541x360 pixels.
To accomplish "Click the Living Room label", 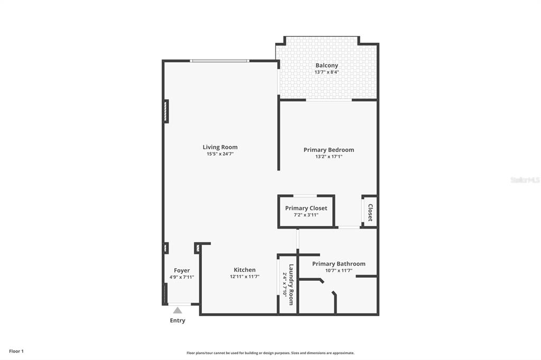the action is [220, 147].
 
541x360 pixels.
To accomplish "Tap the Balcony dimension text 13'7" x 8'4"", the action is [327, 72].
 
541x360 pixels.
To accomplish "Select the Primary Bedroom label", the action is [329, 150].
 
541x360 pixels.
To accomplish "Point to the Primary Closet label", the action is [306, 209].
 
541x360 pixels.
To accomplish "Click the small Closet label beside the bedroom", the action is [370, 212].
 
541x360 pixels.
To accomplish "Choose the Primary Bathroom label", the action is [339, 264].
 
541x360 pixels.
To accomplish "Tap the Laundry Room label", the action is [291, 285].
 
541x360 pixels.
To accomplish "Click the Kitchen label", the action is [245, 270].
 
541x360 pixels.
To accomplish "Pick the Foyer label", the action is [182, 271].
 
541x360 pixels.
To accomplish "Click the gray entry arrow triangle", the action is [178, 310].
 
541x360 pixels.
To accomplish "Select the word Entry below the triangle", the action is [178, 321].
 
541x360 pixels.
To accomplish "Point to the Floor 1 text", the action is [16, 352].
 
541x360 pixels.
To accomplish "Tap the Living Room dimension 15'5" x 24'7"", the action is [220, 154].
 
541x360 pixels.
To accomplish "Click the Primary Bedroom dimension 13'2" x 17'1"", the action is [329, 157].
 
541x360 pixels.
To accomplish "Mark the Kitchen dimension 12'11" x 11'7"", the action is [245, 277].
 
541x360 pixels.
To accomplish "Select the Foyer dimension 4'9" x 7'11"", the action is [182, 277].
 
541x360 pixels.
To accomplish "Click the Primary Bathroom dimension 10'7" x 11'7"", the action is [339, 270].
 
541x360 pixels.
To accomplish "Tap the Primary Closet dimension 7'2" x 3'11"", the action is [306, 215].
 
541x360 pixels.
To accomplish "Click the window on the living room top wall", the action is [219, 61].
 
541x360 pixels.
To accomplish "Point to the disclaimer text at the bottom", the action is [270, 353].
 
